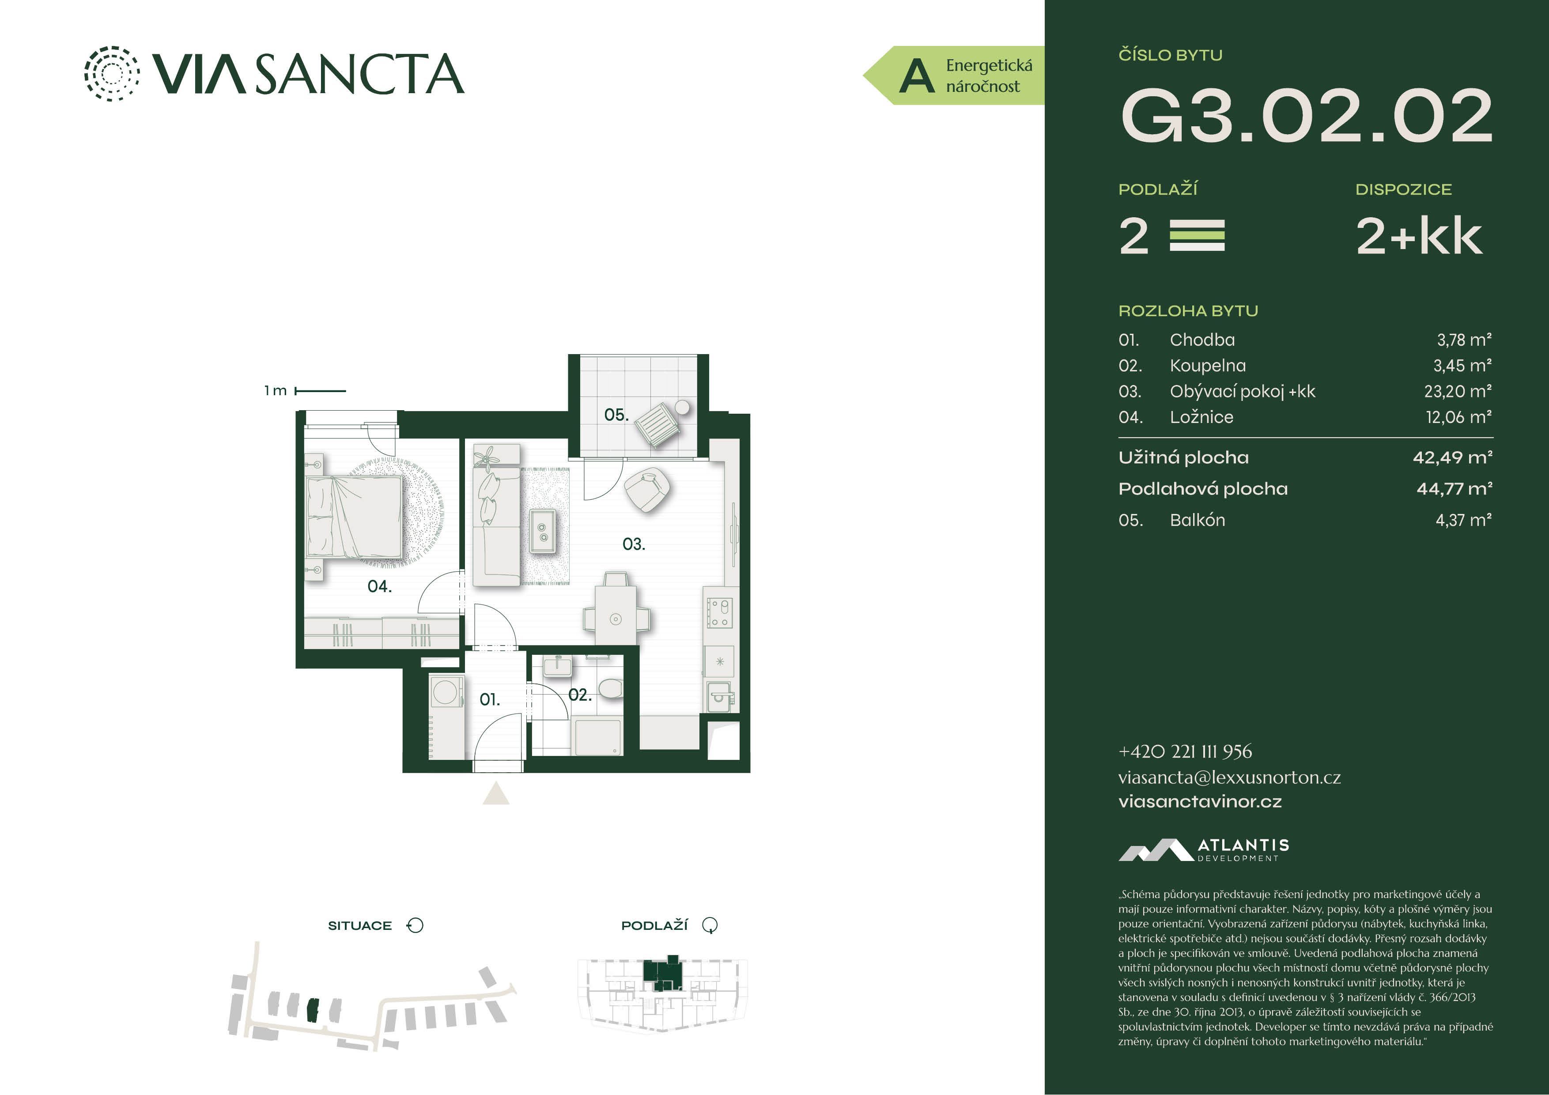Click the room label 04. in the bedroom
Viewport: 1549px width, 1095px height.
pos(379,586)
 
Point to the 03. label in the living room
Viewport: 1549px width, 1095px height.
pos(634,544)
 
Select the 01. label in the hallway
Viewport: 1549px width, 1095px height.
pos(490,700)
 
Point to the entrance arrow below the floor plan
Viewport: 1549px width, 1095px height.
pos(496,793)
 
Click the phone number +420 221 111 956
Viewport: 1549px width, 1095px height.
pos(1185,751)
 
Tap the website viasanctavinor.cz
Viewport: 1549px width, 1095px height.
pos(1200,801)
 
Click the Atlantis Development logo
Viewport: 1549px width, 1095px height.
pos(1204,850)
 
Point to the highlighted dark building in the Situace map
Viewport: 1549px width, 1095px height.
pos(312,1010)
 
